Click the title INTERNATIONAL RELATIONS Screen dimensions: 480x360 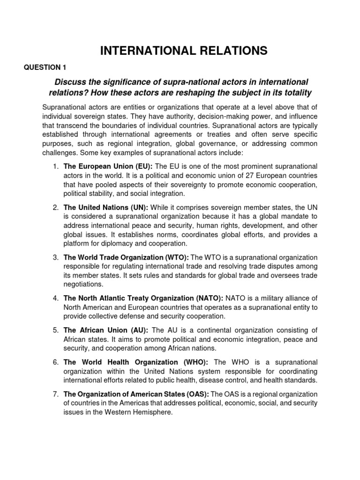[x=184, y=51]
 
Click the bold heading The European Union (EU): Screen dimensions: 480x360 [x=108, y=166]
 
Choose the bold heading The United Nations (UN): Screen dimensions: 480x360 [x=106, y=208]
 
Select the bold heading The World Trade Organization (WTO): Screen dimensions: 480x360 [x=126, y=257]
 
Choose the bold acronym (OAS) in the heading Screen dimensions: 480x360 [x=195, y=394]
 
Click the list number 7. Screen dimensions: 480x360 [x=55, y=394]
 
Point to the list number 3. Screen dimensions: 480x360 [x=55, y=257]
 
